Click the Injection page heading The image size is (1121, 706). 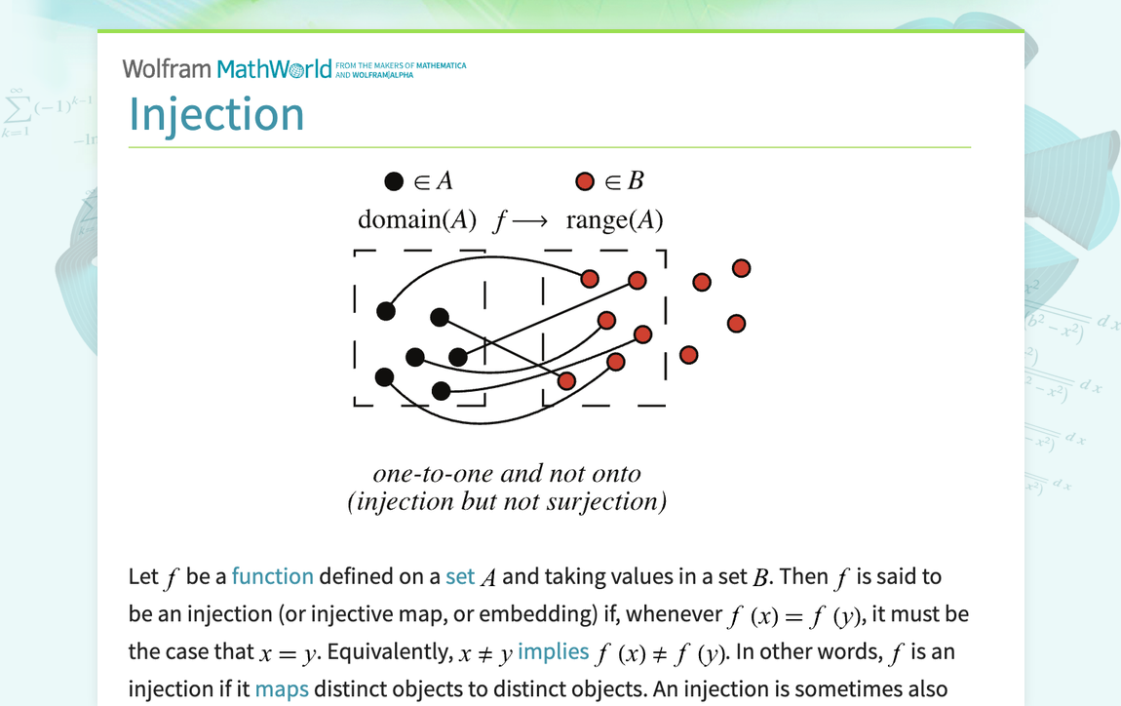216,114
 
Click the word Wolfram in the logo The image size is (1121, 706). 166,68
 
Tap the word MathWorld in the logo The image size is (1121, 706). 274,68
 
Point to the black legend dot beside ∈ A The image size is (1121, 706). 394,181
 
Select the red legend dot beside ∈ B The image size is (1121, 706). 585,181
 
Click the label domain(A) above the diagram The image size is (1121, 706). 416,220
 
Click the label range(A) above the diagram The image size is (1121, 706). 614,220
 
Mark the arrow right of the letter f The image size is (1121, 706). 531,221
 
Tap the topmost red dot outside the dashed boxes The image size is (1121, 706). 741,268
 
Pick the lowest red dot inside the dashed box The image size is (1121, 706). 566,380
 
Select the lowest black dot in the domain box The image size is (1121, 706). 441,391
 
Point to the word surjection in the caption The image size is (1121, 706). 610,502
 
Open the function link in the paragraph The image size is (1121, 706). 272,576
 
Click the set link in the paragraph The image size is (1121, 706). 459,576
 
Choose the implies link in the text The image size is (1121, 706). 553,651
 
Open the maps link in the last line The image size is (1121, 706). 282,688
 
